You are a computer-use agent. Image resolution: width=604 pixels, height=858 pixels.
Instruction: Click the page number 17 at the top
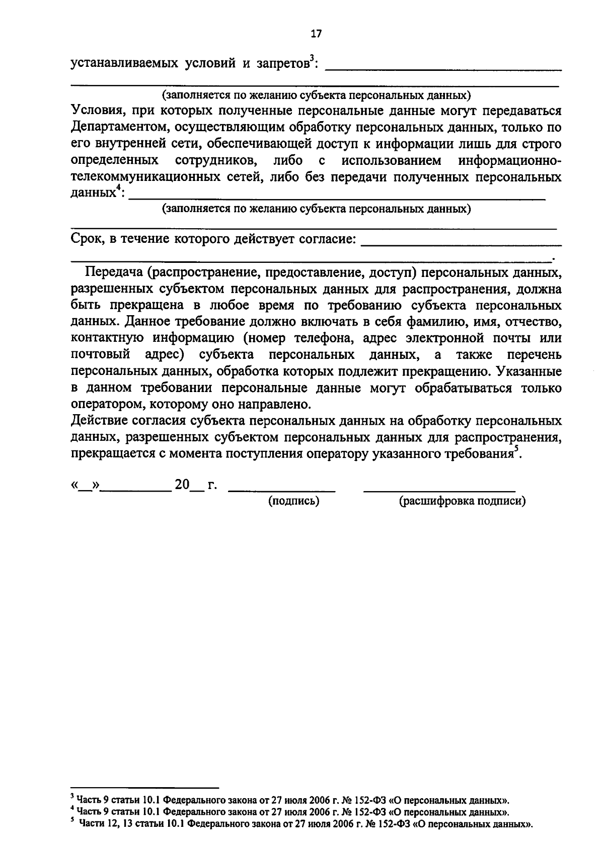(316, 34)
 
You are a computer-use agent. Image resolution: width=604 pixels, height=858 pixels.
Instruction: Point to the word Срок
(87, 239)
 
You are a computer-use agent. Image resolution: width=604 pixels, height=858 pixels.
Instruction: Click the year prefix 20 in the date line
(182, 485)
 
